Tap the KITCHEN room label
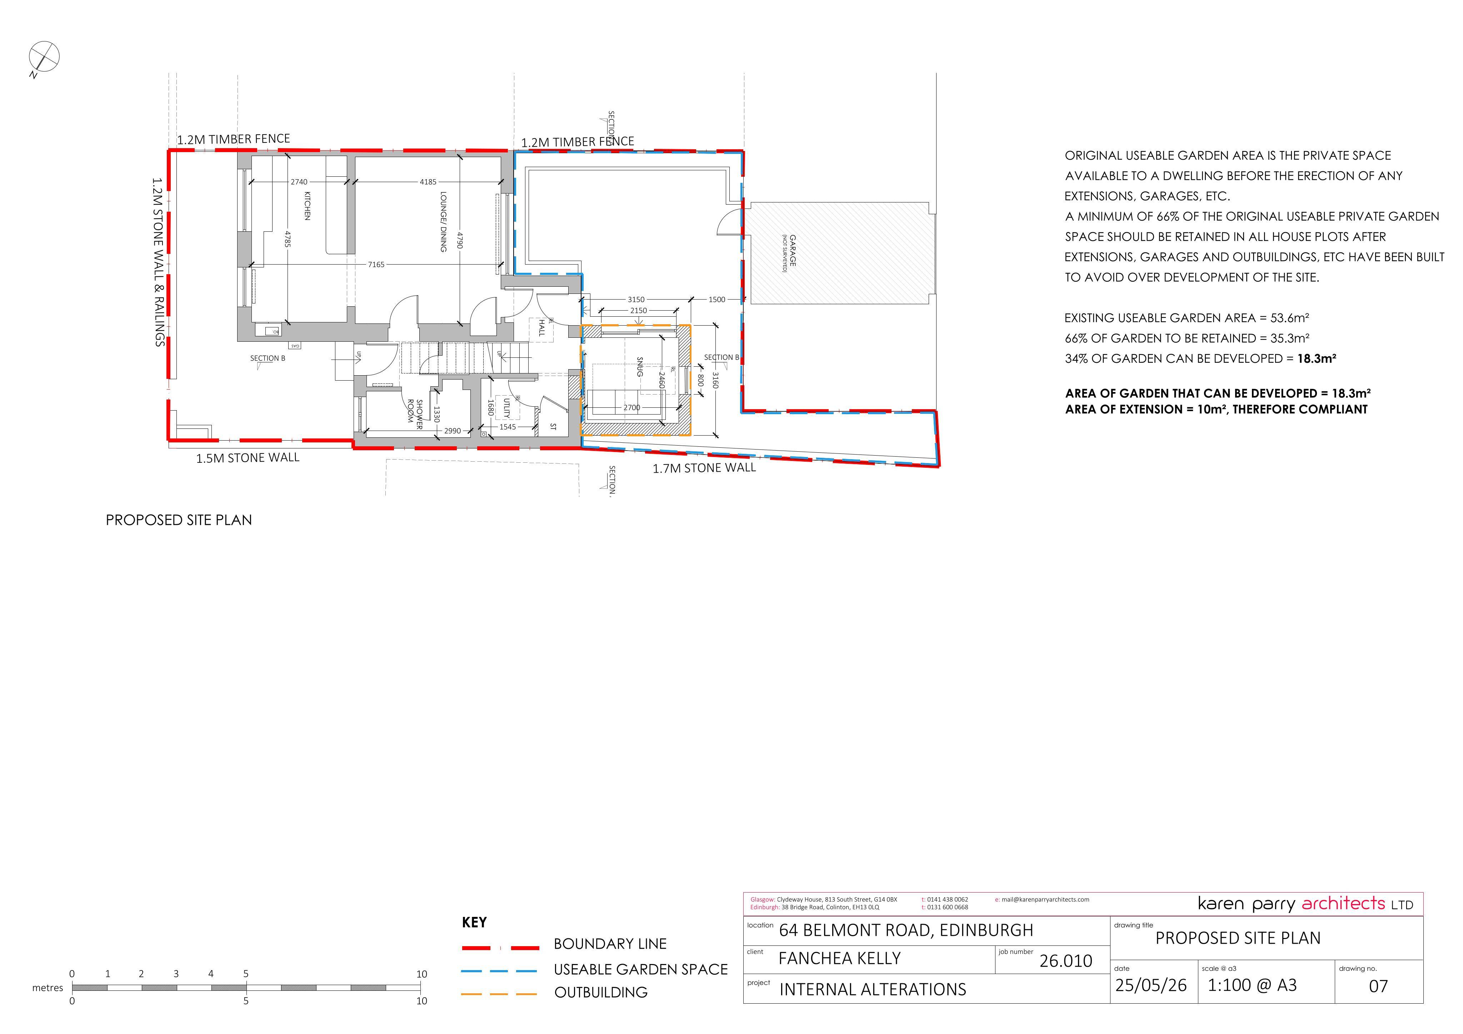point(307,205)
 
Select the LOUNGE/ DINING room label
point(443,222)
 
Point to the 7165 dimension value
point(376,265)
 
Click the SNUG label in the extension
point(640,367)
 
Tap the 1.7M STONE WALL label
point(704,468)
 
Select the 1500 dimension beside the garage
point(717,300)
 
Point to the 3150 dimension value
point(636,300)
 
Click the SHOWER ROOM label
point(415,414)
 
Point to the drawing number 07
point(1378,986)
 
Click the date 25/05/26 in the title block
point(1151,985)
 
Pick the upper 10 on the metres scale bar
point(421,974)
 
